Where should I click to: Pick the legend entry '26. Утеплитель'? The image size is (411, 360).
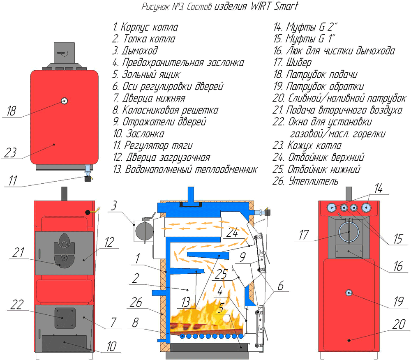(306, 181)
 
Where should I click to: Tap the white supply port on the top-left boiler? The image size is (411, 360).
(65, 101)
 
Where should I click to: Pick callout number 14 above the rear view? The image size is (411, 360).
(378, 189)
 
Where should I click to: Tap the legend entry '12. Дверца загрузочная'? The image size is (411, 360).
(162, 157)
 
